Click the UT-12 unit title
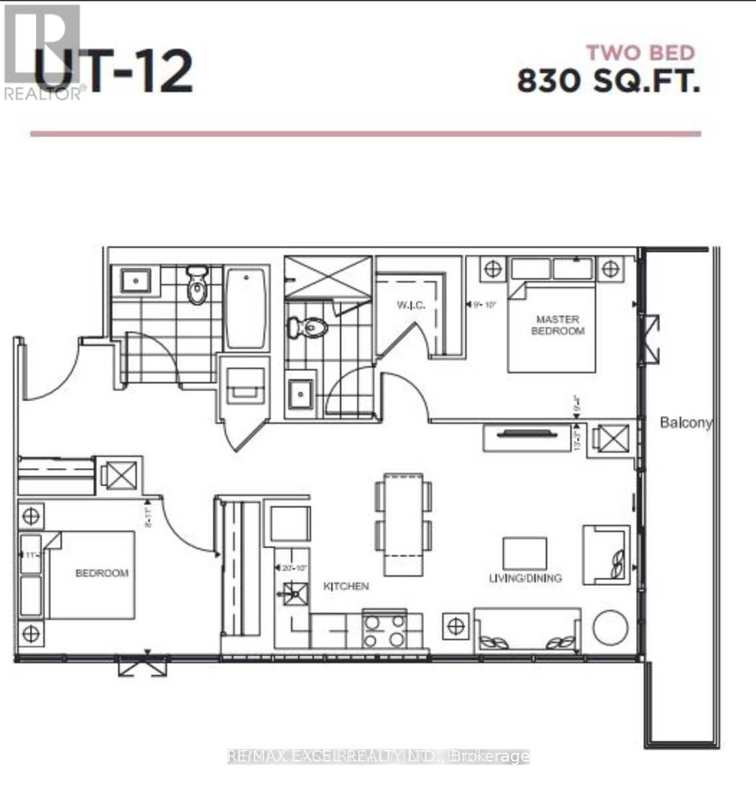[113, 71]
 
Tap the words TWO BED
[640, 53]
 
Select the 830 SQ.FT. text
[608, 82]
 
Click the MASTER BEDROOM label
[558, 325]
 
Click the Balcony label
[686, 422]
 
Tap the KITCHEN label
[346, 586]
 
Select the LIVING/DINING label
[525, 578]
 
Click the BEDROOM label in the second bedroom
[102, 573]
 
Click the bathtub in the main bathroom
[246, 309]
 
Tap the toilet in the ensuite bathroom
[307, 327]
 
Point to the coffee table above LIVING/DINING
[524, 553]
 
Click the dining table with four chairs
[403, 525]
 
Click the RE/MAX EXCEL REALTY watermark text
[378, 756]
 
